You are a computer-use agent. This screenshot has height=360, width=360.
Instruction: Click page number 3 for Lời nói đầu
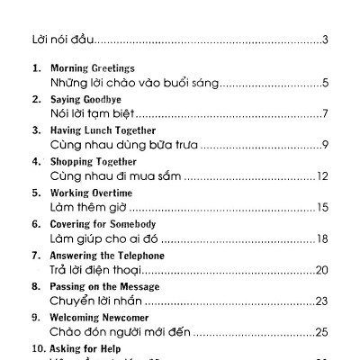[x=324, y=40]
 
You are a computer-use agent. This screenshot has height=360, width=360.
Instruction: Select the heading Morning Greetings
[x=92, y=68]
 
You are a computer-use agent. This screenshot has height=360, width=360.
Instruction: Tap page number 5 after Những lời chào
[x=324, y=84]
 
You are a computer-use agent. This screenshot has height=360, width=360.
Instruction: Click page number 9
[x=324, y=146]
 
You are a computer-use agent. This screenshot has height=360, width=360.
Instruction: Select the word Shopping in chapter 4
[x=76, y=162]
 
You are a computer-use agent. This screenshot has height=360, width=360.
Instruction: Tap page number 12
[x=321, y=176]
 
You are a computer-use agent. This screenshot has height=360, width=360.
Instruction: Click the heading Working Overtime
[x=91, y=193]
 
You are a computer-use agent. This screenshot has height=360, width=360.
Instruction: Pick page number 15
[x=321, y=208]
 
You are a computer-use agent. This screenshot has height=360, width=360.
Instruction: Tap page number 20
[x=321, y=270]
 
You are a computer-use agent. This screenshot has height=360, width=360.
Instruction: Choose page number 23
[x=321, y=301]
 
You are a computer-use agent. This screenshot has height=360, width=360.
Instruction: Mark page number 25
[x=321, y=332]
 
